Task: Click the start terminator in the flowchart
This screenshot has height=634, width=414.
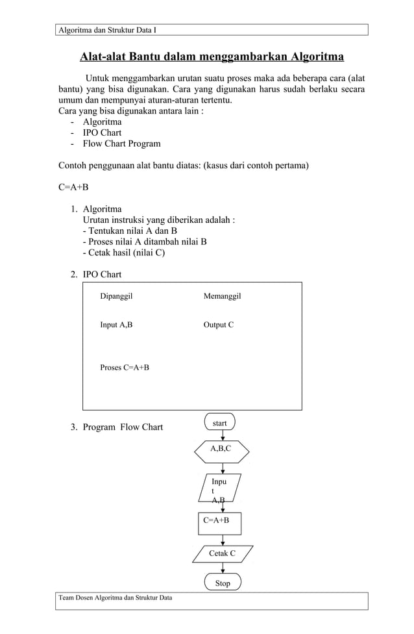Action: point(220,423)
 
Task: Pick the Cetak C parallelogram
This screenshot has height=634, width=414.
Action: point(222,553)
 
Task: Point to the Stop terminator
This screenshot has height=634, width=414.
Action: point(223,583)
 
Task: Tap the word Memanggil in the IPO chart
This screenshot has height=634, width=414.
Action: point(222,296)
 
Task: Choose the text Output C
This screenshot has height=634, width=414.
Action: point(219,325)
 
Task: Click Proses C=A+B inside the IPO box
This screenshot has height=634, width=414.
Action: point(125,368)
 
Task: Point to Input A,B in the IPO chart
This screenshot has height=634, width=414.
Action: point(116,325)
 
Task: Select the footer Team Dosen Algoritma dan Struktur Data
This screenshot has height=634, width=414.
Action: point(116,598)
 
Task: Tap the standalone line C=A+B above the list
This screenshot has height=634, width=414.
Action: point(73,188)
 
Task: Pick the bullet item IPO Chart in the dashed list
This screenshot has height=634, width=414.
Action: point(102,133)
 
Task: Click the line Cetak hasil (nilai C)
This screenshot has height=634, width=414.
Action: point(123,253)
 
